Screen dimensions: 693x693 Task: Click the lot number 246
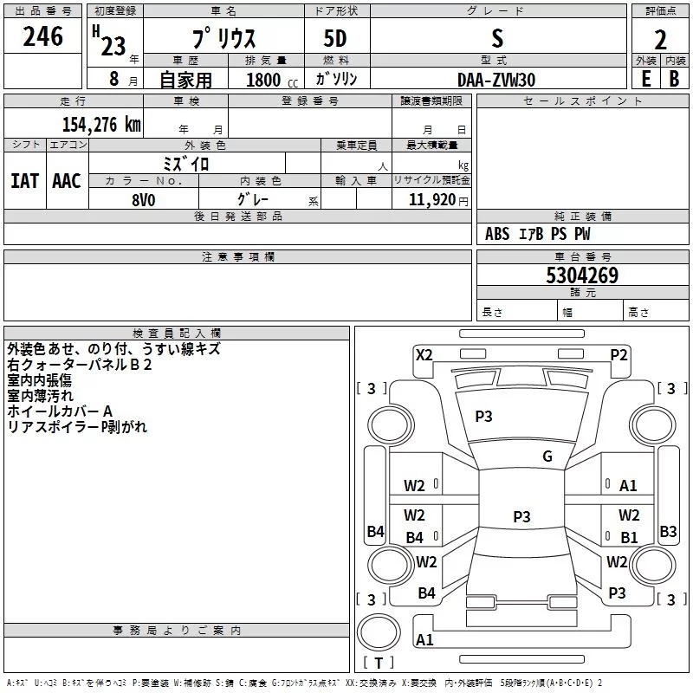42,36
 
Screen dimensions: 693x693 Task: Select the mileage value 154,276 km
101,125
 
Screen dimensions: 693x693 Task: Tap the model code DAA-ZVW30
496,80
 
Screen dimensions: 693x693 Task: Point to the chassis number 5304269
582,275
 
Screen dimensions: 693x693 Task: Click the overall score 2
660,40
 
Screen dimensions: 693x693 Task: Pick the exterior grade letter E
645,79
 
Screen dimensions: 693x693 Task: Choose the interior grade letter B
674,79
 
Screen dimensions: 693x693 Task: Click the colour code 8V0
144,200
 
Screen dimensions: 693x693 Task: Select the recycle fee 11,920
432,200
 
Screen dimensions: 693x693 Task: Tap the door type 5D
335,38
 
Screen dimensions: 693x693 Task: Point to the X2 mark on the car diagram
424,355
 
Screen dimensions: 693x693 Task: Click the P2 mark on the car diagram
619,355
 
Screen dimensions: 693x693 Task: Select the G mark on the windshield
547,457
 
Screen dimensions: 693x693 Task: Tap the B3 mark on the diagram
668,531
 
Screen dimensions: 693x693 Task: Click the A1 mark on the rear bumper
424,639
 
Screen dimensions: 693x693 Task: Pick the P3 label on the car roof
521,516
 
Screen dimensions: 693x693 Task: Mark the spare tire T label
379,663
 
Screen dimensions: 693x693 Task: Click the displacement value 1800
263,80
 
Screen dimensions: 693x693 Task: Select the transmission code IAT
25,181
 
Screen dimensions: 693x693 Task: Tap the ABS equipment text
497,234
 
